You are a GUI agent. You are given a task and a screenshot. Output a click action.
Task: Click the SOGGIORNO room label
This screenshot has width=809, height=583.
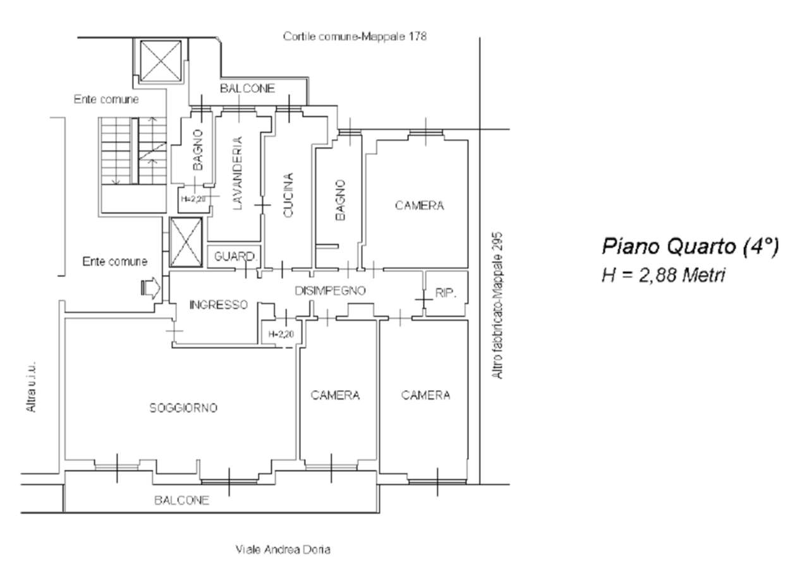click(183, 408)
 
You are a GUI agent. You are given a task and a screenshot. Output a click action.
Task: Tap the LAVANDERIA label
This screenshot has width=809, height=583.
click(237, 173)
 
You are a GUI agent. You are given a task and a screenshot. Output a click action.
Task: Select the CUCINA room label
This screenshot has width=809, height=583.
click(288, 195)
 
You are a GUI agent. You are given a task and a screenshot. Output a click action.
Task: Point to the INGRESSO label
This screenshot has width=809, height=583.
click(219, 305)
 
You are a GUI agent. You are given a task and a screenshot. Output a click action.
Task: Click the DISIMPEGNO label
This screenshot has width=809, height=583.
click(330, 290)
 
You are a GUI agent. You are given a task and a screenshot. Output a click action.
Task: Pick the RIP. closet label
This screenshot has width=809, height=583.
click(446, 293)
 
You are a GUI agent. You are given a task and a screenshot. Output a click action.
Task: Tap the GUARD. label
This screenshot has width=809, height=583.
click(235, 257)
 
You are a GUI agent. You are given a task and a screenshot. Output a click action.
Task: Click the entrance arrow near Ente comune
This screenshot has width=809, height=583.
click(150, 288)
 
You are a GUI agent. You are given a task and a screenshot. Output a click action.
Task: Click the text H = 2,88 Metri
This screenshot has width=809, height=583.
click(664, 276)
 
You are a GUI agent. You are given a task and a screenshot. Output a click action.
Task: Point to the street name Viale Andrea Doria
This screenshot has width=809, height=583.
click(283, 549)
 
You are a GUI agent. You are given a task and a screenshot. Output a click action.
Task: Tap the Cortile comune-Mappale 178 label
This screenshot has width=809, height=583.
click(355, 37)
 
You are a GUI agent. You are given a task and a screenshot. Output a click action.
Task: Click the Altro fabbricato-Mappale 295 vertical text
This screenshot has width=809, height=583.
click(497, 305)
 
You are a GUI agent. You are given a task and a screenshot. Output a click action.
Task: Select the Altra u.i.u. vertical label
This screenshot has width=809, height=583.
click(31, 386)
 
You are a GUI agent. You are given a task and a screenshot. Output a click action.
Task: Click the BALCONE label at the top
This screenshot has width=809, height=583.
click(247, 89)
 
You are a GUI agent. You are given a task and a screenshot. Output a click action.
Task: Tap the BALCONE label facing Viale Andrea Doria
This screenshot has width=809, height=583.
click(181, 500)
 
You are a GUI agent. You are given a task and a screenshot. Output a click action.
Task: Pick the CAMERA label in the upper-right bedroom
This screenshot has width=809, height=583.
click(419, 206)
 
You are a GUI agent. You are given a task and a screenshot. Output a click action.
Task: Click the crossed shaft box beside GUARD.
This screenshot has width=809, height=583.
click(186, 242)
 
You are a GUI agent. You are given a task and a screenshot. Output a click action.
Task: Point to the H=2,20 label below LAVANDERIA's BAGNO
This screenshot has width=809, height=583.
click(193, 199)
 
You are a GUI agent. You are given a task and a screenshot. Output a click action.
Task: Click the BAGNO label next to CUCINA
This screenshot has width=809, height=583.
click(340, 200)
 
